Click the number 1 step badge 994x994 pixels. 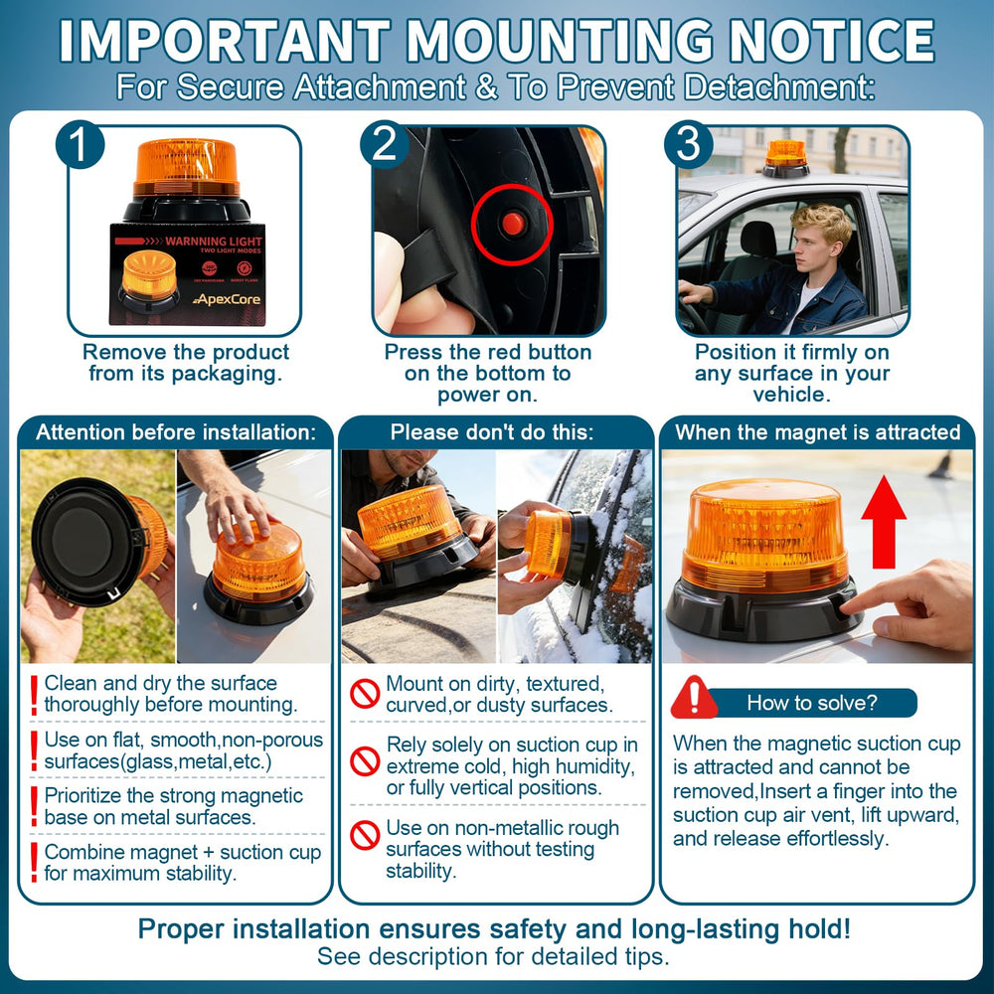[80, 144]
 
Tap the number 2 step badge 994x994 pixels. [384, 144]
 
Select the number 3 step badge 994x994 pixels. [689, 144]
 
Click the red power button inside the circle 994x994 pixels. [512, 223]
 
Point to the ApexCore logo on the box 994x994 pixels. [227, 299]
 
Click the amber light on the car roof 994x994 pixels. [786, 158]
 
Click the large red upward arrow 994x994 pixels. [884, 522]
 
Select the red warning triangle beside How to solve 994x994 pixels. [694, 698]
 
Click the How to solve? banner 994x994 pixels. [811, 703]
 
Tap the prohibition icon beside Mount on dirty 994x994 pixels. [365, 694]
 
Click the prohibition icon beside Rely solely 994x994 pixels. [365, 761]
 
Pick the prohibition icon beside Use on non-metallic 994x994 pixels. [365, 836]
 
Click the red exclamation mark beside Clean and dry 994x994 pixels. [34, 695]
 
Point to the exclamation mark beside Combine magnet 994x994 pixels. [34, 863]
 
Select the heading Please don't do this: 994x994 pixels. [492, 432]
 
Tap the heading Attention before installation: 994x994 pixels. [176, 432]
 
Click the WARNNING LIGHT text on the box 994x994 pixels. [213, 241]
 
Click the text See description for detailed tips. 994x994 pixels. [493, 956]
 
